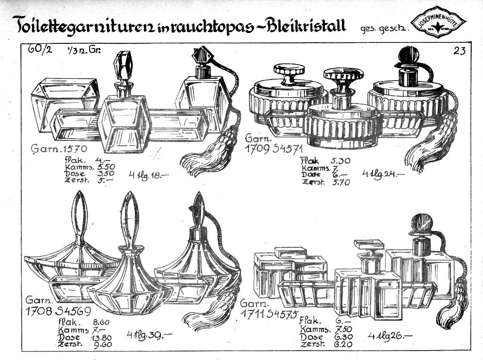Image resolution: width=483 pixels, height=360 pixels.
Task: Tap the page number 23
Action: [x=459, y=51]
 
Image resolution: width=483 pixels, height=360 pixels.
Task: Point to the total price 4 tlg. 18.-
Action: [x=147, y=175]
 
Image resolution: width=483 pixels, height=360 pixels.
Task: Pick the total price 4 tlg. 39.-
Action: [x=148, y=335]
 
